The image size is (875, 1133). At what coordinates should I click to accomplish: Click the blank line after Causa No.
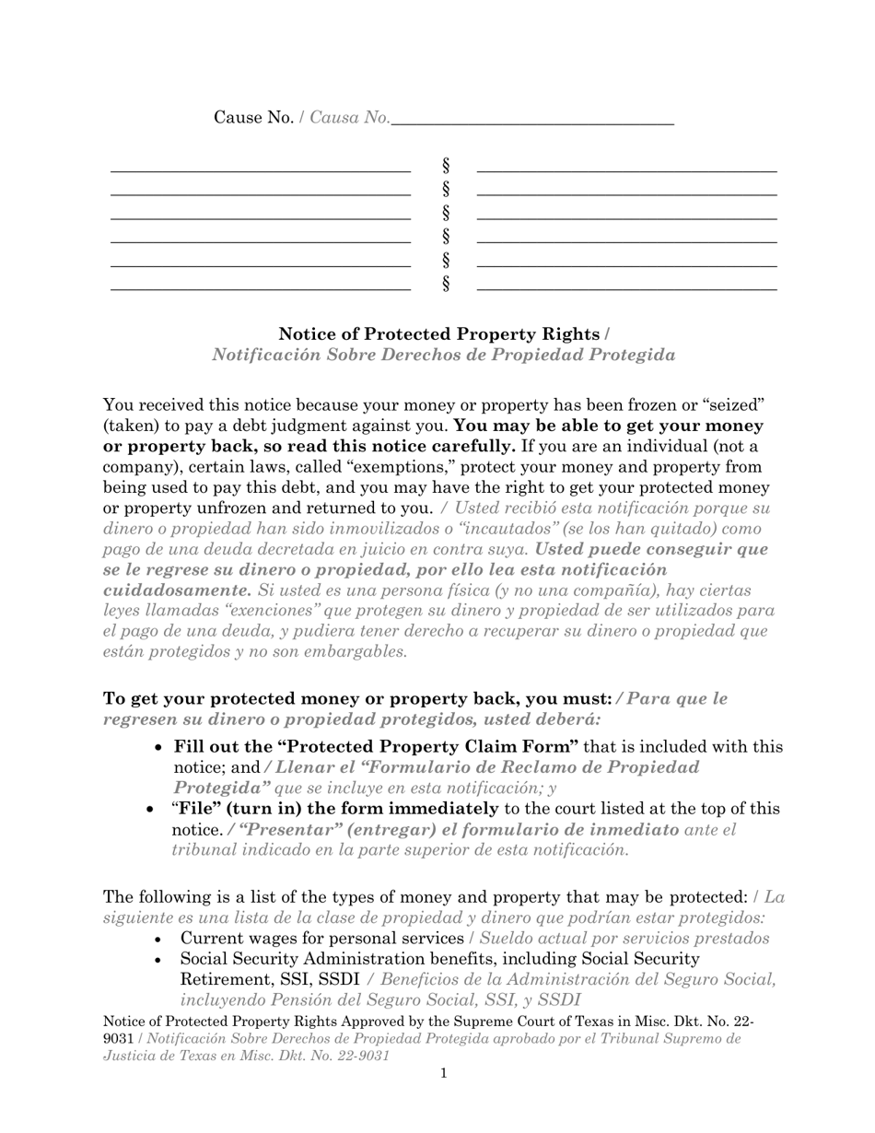pos(532,120)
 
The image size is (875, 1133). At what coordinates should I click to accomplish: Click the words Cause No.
pos(253,117)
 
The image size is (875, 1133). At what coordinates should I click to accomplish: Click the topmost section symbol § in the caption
pos(446,166)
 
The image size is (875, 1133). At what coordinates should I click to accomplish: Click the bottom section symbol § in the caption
pos(446,284)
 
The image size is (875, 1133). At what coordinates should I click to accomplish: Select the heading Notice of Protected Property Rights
pos(438,333)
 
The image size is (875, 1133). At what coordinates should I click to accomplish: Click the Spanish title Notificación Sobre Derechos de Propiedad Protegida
pos(443,355)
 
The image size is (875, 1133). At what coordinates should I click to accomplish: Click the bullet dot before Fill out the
pos(159,748)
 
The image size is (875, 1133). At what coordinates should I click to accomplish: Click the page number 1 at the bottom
pos(444,1072)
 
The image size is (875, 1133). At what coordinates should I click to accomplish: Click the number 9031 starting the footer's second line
pos(118,1038)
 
